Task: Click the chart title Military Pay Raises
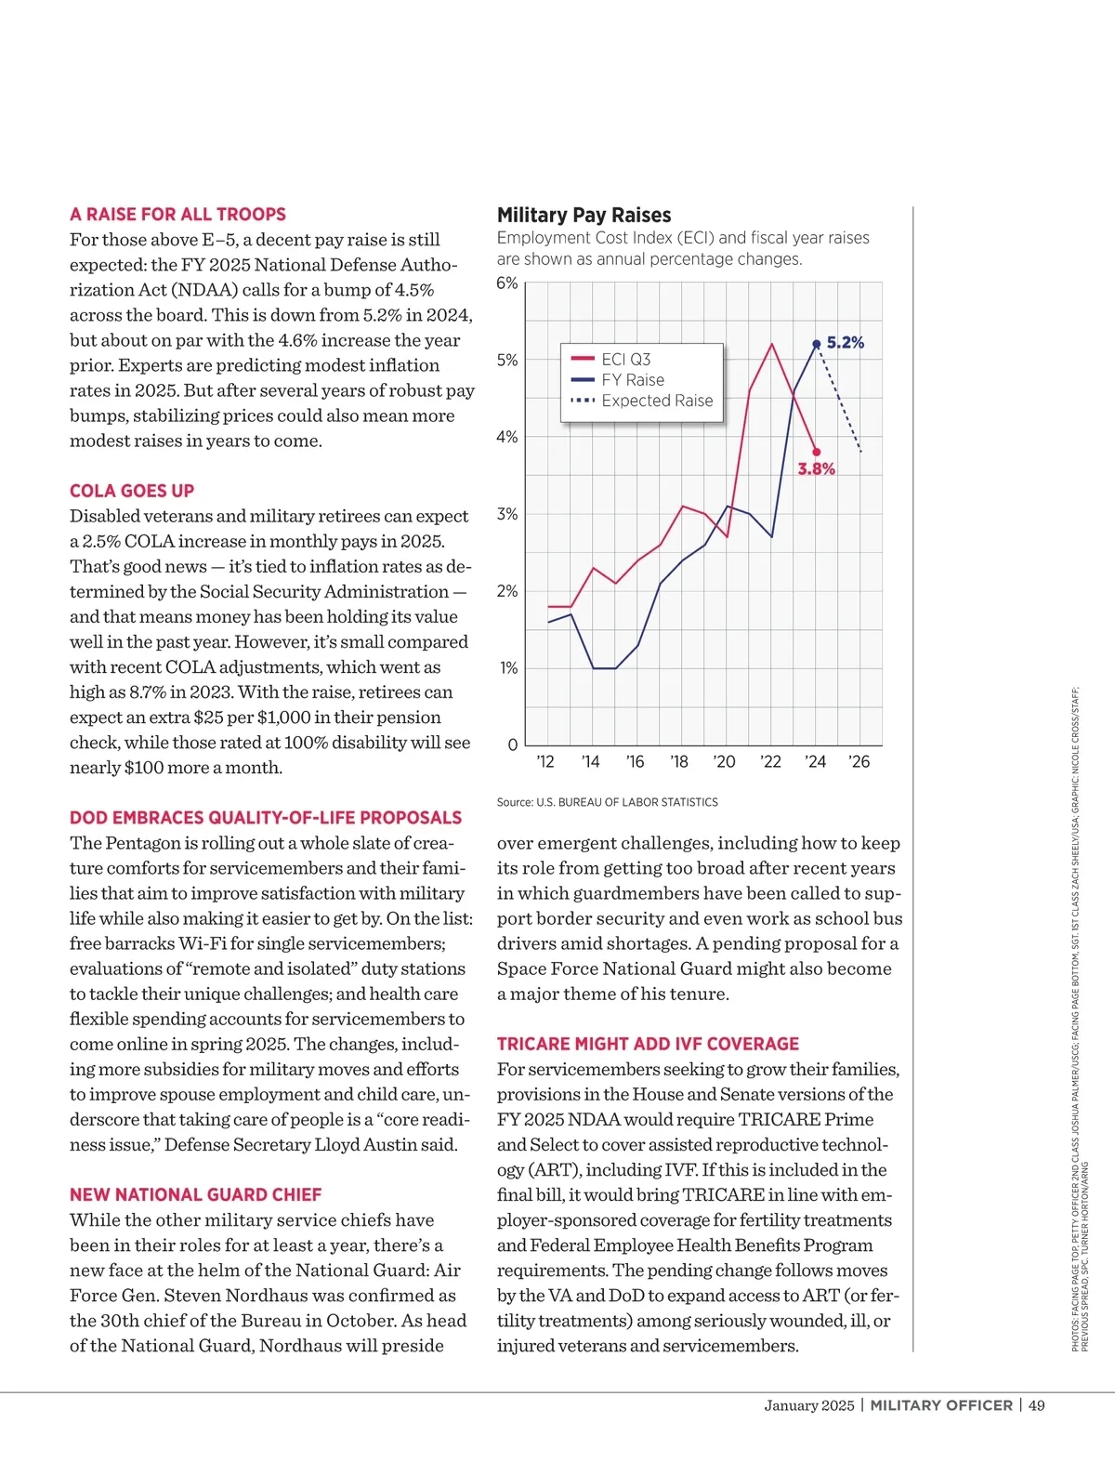(x=584, y=215)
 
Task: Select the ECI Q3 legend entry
(x=625, y=360)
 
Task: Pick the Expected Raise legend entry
(x=657, y=401)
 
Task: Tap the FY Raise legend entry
(x=633, y=380)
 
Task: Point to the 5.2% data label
(x=846, y=343)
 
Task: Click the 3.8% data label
(x=816, y=469)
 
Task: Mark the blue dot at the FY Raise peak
(x=817, y=344)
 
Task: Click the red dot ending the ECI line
(x=817, y=453)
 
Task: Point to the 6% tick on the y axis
(x=507, y=283)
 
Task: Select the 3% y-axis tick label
(x=507, y=514)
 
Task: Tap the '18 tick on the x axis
(x=679, y=762)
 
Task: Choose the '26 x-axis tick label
(x=859, y=762)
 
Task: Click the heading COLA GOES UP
(x=132, y=491)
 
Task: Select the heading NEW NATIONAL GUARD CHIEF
(x=195, y=1194)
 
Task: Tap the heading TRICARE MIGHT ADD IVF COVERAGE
(x=648, y=1044)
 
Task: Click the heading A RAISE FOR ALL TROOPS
(x=177, y=214)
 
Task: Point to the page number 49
(x=1037, y=1405)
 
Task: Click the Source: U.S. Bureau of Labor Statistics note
(x=607, y=802)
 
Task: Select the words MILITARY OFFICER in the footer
(x=941, y=1405)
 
